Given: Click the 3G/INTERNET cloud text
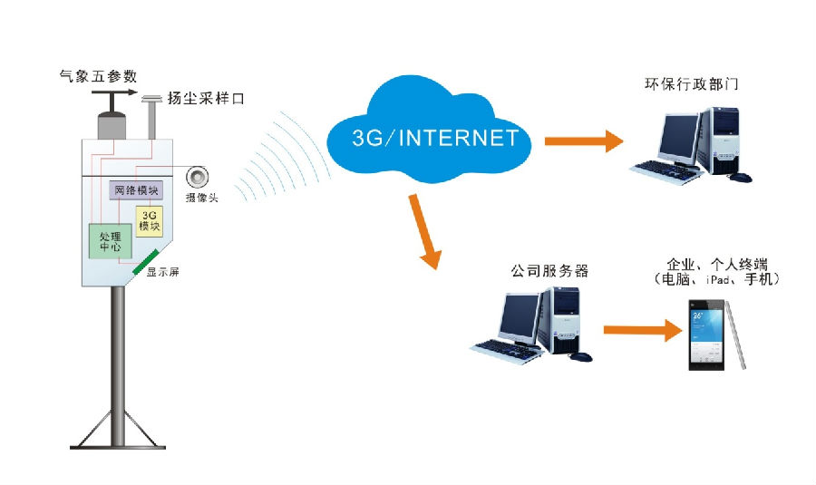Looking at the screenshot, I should (435, 138).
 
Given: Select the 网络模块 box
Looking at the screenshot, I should (134, 190).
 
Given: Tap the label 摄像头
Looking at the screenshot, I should (201, 197).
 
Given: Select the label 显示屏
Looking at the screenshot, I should (163, 271).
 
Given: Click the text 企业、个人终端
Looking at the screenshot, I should (716, 264).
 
